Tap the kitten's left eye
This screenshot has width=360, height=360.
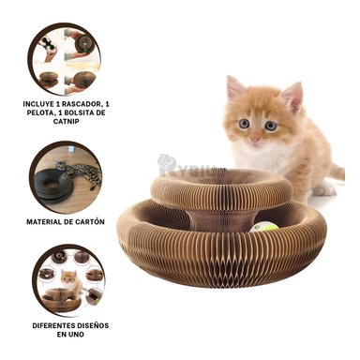[x=244, y=124]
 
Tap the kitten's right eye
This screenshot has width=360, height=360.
[x=271, y=125]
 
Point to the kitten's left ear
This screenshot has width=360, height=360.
[x=234, y=88]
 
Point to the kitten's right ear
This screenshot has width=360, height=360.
[x=293, y=95]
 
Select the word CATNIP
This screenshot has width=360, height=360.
[x=67, y=120]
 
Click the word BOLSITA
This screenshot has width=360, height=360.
[x=93, y=111]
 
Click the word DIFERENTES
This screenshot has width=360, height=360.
[x=52, y=323]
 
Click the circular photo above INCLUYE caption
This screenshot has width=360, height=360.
[x=67, y=54]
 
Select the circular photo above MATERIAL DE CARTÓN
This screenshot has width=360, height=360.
[x=67, y=175]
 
